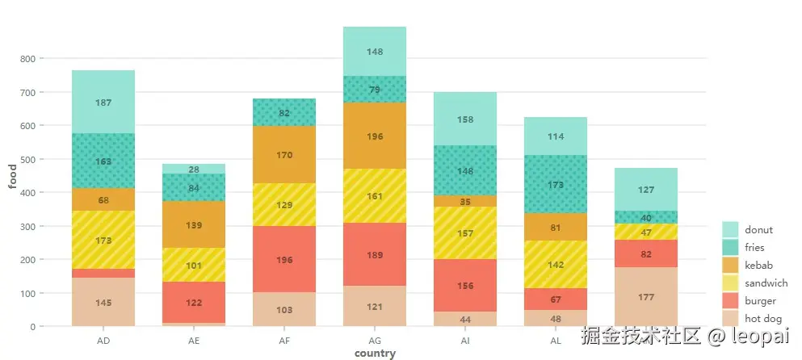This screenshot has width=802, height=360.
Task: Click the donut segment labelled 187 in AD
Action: point(103,103)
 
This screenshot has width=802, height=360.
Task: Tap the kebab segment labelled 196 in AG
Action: point(375,136)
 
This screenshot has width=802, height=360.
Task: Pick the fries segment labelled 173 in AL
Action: point(555,185)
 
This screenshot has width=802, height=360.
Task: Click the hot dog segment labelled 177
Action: point(645,297)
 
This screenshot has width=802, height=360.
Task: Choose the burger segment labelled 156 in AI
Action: point(465,286)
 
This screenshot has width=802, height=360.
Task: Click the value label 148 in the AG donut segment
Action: point(375,52)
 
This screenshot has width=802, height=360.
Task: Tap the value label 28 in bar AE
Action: point(194,170)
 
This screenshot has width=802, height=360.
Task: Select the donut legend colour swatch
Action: point(730,229)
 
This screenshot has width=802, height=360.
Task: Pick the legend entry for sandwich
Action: point(766,283)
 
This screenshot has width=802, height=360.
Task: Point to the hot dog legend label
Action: point(763,319)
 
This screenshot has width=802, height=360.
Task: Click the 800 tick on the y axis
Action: point(27,59)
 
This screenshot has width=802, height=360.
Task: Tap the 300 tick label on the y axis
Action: point(27,227)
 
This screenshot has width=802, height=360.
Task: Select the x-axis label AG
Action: point(375,341)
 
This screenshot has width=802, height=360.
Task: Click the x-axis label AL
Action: point(555,341)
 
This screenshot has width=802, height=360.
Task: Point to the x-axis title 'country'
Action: point(375,354)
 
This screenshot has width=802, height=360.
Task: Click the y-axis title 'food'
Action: point(12,176)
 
